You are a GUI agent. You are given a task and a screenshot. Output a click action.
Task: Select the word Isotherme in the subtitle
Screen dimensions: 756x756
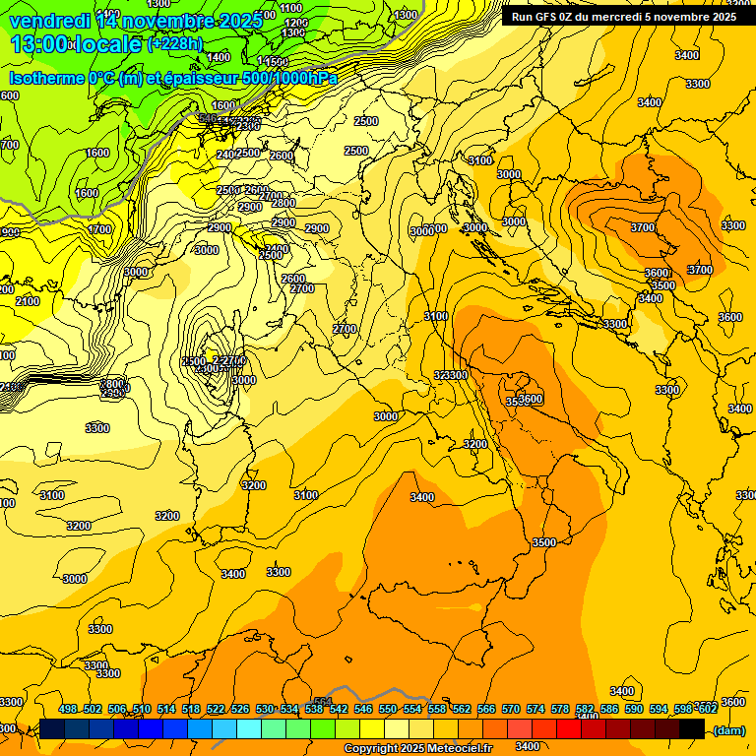(45, 79)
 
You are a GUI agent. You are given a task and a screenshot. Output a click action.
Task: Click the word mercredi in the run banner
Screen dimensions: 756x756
(629, 17)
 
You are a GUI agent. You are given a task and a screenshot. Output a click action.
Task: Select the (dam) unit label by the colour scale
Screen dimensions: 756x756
(727, 729)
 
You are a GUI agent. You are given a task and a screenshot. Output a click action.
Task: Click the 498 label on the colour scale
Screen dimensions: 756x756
(68, 709)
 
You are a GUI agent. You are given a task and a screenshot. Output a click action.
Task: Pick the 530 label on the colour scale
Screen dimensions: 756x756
(265, 709)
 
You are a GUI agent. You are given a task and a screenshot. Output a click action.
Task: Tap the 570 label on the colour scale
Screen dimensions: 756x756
(511, 709)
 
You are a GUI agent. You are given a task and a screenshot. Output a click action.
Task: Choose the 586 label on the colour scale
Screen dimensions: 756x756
(609, 709)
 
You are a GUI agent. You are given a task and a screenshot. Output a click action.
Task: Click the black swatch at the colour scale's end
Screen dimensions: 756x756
(691, 728)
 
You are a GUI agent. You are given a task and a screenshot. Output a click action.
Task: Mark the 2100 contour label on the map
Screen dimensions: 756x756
(28, 301)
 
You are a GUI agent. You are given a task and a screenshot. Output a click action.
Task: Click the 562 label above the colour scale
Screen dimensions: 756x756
(462, 709)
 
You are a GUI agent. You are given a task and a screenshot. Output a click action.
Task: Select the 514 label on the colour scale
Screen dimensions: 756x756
(166, 709)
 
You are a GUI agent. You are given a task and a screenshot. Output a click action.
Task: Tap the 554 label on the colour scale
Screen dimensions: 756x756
(412, 709)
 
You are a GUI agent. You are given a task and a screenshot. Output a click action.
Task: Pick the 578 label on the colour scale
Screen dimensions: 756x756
(560, 709)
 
